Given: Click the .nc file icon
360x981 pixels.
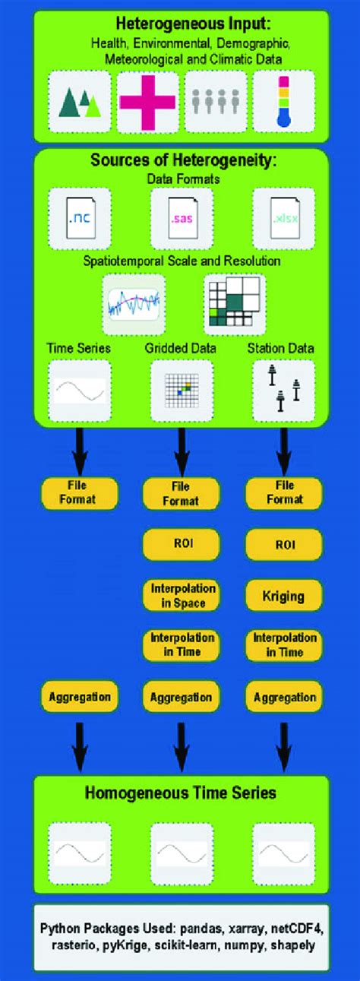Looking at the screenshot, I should click(79, 220).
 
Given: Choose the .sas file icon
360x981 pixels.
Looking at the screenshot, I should click(182, 220).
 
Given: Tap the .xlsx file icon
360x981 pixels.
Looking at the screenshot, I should click(283, 220).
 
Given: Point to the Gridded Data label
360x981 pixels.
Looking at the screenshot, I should click(181, 348).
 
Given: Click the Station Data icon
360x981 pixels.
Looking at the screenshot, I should click(283, 391).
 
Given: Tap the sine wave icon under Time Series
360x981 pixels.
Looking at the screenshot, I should click(79, 391).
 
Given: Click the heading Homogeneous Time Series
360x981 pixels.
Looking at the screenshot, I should click(181, 793).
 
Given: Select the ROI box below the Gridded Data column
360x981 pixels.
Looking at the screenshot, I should click(182, 544).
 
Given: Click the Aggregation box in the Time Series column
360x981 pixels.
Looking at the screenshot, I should click(79, 696).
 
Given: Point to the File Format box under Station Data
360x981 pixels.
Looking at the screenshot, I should click(284, 493).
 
